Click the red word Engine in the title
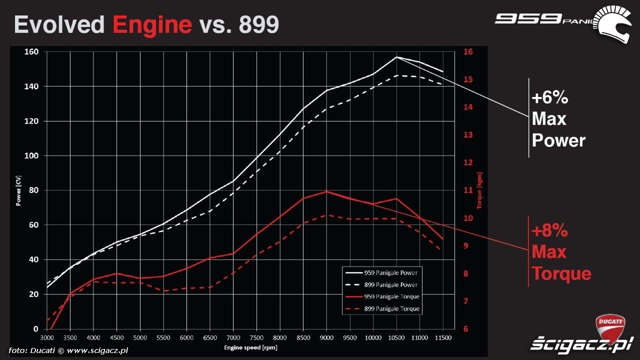152,24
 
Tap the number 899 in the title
258,24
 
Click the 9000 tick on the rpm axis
326,338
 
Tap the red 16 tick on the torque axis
468,51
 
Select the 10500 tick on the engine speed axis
396,338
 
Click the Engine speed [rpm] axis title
250,347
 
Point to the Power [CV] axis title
19,190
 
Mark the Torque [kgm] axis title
479,190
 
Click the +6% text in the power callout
550,98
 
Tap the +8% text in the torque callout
550,231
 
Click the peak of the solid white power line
396,57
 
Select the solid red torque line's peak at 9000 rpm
326,191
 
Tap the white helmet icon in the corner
613,24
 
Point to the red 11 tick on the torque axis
468,190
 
